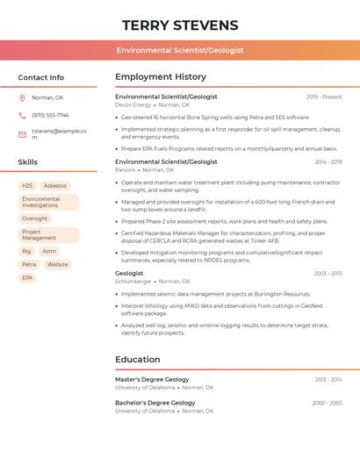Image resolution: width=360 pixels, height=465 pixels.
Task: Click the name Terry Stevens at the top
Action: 180,25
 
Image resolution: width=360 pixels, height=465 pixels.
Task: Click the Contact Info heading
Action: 40,77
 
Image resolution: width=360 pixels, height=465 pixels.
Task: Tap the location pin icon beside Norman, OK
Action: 22,97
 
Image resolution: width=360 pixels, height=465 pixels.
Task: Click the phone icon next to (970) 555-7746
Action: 22,115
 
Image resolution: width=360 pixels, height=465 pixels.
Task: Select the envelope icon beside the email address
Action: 22,134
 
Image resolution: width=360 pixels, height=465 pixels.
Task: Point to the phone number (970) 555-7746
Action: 50,115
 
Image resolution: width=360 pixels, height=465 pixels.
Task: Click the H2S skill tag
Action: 27,186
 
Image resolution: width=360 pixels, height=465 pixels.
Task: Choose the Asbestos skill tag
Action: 55,186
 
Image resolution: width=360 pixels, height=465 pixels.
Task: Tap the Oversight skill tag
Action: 35,218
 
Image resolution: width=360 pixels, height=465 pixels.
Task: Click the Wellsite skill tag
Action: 57,264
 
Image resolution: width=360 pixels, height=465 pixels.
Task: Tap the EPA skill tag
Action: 27,278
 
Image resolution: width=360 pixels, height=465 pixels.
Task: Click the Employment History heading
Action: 161,77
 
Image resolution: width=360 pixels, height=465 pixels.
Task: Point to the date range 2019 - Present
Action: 324,97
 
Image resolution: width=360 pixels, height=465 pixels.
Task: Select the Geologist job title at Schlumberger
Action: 129,273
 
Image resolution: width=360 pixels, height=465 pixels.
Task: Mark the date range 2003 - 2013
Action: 328,273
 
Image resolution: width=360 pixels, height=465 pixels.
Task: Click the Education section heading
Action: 138,359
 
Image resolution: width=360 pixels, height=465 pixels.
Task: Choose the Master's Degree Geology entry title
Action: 152,379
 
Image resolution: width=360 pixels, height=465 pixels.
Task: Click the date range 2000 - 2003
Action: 327,403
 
